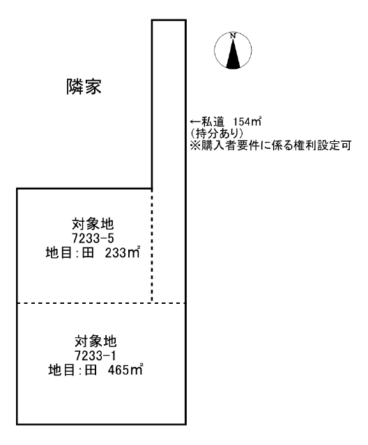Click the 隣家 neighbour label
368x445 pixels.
[84, 86]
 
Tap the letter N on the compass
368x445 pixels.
[233, 36]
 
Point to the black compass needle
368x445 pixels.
[233, 54]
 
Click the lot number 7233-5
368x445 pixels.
[93, 238]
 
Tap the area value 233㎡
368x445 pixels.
[123, 252]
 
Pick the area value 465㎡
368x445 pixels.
[125, 369]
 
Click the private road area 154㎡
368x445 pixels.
[247, 122]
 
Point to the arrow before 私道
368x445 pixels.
[195, 122]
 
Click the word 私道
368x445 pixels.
[213, 122]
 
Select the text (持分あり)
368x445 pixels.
[217, 133]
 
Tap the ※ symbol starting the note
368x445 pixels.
[195, 145]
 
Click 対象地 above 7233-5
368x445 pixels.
[93, 224]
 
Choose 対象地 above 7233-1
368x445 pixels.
[95, 341]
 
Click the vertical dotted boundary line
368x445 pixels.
[152, 245]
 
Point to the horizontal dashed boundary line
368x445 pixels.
[101, 303]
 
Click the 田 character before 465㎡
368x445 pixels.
[91, 370]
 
